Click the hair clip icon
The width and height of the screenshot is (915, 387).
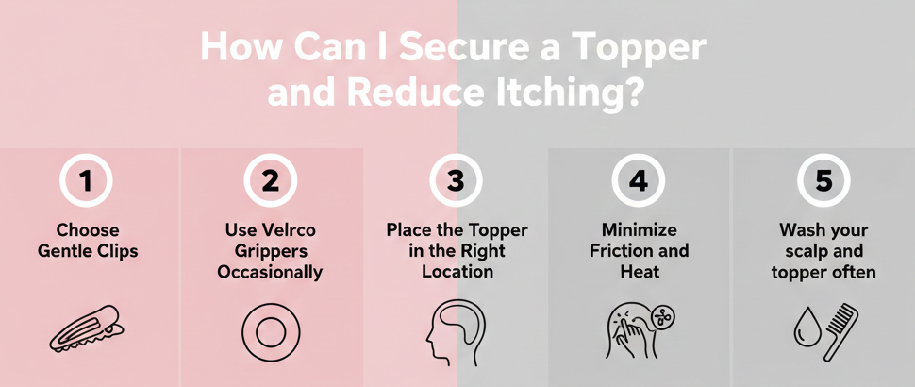(x=87, y=328)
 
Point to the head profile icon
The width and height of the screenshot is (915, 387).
(x=456, y=332)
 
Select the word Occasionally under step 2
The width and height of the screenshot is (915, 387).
(x=270, y=272)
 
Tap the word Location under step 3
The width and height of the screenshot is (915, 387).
(x=457, y=272)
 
